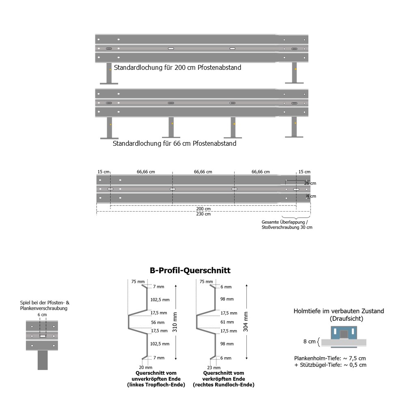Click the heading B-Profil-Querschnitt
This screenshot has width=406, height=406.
190,270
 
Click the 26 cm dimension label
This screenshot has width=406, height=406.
310,183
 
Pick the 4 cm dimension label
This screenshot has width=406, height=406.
311,196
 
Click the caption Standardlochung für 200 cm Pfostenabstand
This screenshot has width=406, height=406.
177,67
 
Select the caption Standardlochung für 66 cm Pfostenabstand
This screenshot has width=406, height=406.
175,143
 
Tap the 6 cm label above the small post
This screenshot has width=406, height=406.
42,315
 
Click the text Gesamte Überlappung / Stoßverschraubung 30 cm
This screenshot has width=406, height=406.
287,225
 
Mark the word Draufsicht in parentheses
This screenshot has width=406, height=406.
346,319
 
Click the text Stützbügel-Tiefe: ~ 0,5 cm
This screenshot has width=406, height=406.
330,365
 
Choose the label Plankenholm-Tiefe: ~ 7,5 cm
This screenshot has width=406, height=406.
330,358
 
